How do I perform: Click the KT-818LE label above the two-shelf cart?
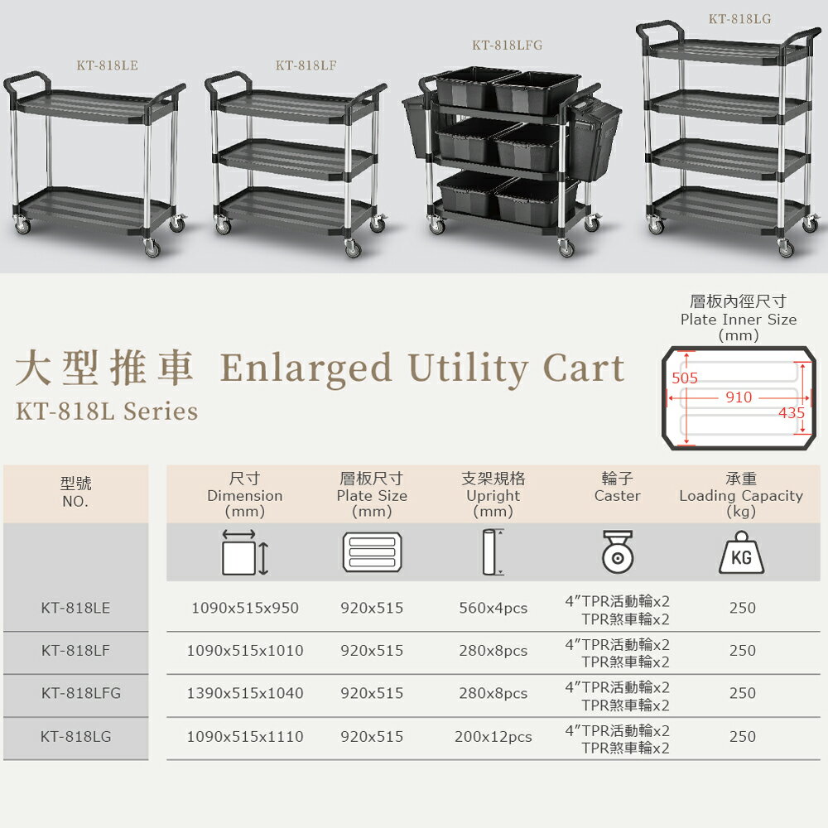107,65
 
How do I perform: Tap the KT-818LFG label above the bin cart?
507,45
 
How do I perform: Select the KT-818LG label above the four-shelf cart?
739,19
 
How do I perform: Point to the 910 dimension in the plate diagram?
739,397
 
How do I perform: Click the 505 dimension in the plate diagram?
685,378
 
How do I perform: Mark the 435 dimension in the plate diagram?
791,413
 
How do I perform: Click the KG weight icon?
741,552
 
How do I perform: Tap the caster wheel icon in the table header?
618,552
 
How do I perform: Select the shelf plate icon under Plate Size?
373,552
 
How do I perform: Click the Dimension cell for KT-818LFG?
245,693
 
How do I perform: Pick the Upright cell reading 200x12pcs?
493,737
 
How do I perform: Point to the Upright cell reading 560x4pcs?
493,608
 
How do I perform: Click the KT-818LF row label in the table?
75,650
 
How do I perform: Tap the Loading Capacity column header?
741,495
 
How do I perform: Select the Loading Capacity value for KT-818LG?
743,736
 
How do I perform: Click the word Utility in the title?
468,368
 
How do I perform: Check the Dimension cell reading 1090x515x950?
245,608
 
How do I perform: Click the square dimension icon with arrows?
245,552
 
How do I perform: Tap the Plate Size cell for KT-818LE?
372,608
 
